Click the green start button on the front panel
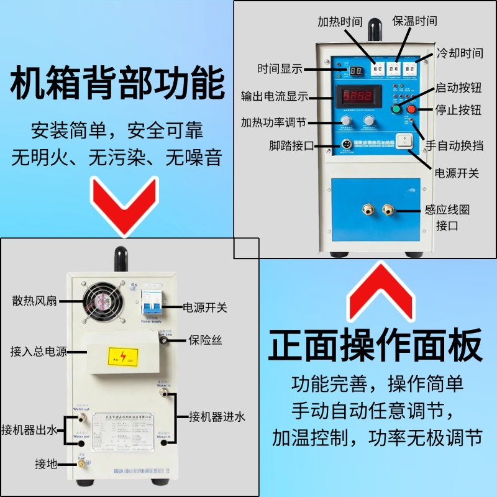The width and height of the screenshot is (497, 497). [396, 110]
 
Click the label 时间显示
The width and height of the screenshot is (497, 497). [280, 69]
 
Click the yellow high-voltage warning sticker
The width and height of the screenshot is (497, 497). [124, 356]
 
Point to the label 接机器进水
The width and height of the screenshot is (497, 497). [217, 416]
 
